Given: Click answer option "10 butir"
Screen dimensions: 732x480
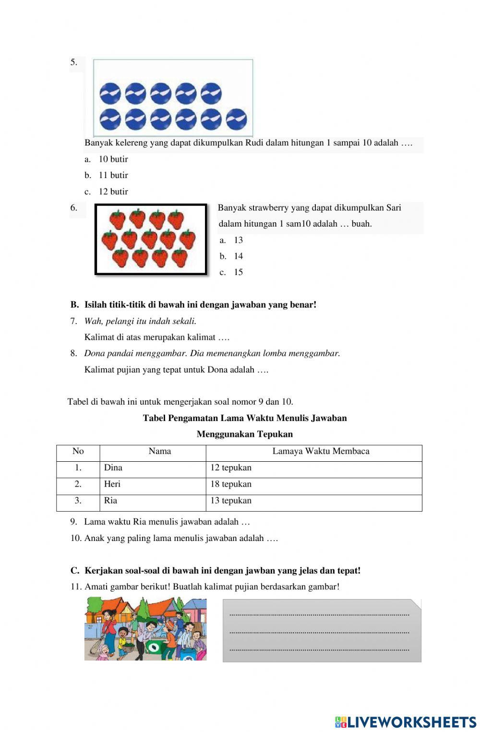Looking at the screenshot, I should (x=113, y=159).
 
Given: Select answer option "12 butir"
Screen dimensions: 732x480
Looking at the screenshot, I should (x=113, y=192).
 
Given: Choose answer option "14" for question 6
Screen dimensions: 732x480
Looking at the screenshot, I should (x=238, y=256).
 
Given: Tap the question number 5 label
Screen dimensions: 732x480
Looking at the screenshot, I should (x=73, y=62).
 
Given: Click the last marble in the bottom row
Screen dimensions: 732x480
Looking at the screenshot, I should (x=236, y=119).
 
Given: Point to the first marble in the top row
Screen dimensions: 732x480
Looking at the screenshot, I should (x=110, y=93).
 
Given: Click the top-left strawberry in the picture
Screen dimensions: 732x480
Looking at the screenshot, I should (x=118, y=219).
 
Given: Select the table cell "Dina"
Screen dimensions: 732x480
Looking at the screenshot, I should (x=113, y=468).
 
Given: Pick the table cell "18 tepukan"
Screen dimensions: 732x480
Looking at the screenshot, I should (x=231, y=484).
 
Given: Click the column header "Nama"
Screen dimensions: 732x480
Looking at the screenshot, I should (x=159, y=451).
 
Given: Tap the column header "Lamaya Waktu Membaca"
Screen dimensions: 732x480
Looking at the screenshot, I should (x=321, y=451).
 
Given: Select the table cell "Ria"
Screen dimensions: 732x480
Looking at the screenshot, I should (x=110, y=500).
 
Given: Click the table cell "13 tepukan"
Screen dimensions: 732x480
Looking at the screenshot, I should (x=231, y=500).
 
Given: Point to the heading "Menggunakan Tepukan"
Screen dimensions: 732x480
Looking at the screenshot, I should (x=244, y=434).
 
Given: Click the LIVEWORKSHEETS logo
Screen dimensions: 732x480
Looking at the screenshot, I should (x=406, y=722).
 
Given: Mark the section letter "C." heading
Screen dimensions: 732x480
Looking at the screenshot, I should (x=74, y=571).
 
